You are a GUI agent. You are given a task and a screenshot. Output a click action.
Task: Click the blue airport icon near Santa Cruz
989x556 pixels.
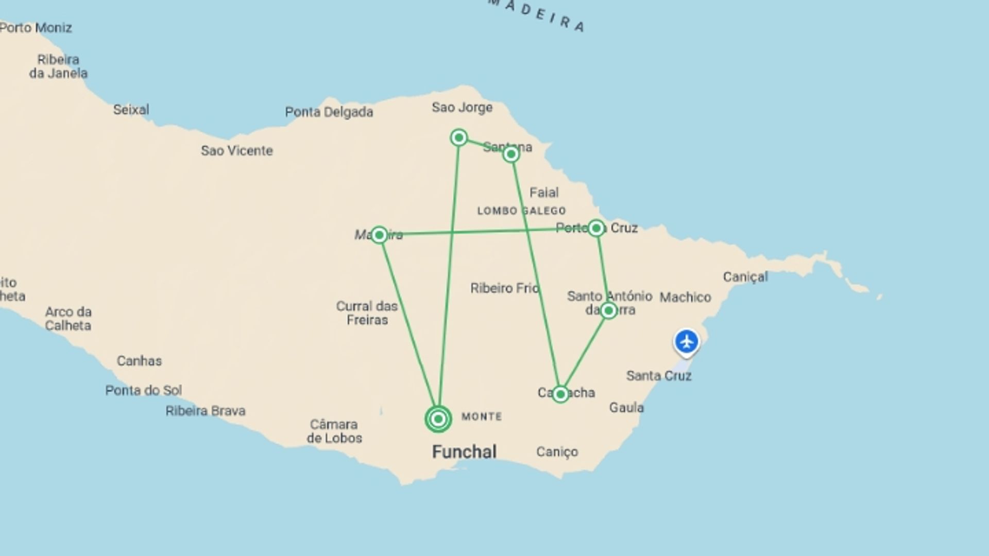click(x=686, y=342)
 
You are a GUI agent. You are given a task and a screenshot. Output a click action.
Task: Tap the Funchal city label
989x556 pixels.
click(x=464, y=451)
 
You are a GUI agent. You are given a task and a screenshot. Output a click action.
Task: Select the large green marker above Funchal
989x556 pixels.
click(x=438, y=419)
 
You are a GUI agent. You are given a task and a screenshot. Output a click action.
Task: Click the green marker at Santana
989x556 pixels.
click(x=511, y=154)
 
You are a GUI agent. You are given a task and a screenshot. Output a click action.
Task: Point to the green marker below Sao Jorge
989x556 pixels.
click(x=458, y=137)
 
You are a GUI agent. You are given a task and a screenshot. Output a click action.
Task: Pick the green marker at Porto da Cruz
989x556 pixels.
click(x=596, y=228)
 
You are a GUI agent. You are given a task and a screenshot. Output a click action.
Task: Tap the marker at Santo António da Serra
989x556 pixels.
click(x=608, y=310)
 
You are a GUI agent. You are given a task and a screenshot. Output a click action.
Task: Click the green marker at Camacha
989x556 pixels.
click(x=560, y=394)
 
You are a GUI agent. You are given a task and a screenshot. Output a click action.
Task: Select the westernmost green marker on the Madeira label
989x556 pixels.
click(x=379, y=235)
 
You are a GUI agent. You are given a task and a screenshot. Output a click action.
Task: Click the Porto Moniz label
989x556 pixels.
click(x=36, y=28)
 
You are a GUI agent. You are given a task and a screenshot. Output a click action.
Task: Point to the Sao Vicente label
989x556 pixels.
click(x=236, y=151)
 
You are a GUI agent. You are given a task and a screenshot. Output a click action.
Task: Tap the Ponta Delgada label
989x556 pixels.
click(x=329, y=112)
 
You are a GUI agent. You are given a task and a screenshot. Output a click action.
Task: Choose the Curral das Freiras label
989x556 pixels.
click(x=367, y=313)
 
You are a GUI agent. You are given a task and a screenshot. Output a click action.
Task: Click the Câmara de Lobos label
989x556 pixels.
click(x=334, y=431)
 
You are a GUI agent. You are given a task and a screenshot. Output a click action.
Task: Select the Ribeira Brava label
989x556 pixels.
click(x=205, y=411)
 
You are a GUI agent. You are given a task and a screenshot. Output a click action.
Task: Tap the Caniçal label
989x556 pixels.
click(x=745, y=277)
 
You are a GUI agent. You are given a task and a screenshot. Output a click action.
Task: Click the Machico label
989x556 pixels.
click(x=685, y=297)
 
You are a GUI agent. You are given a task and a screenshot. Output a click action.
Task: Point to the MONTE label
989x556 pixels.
click(x=482, y=416)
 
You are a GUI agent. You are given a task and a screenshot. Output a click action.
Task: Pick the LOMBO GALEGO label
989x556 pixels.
click(x=521, y=211)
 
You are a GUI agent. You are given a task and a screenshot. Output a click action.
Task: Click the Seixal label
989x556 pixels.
click(x=131, y=110)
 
